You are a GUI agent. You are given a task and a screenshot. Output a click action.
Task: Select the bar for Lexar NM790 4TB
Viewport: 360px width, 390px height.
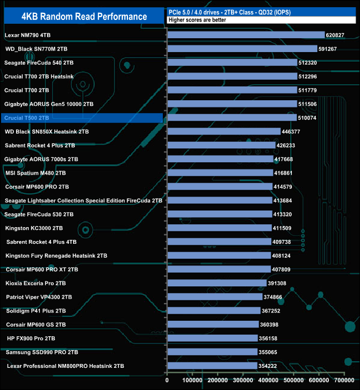(x=245, y=35)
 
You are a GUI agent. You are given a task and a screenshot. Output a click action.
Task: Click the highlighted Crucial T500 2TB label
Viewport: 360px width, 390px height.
(x=27, y=118)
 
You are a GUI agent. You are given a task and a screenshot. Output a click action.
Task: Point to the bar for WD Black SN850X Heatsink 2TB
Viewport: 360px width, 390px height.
(x=224, y=132)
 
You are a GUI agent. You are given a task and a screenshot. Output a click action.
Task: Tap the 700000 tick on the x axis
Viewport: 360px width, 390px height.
(x=344, y=381)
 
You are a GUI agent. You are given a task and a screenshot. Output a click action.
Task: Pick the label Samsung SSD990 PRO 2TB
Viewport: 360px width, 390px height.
(x=42, y=352)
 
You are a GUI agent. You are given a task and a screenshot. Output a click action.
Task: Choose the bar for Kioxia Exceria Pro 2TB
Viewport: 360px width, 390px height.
(x=217, y=283)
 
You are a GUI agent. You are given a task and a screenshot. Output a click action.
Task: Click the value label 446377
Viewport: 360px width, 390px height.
(x=295, y=132)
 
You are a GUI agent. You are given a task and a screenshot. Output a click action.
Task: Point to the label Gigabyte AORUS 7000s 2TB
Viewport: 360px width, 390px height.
(x=41, y=159)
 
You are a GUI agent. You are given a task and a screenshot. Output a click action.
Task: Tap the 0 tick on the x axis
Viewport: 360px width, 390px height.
(x=167, y=381)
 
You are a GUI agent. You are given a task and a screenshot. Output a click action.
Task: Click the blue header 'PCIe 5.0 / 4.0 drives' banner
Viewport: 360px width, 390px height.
(x=260, y=12)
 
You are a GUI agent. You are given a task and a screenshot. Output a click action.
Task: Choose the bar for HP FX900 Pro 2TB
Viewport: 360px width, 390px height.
(x=212, y=338)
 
